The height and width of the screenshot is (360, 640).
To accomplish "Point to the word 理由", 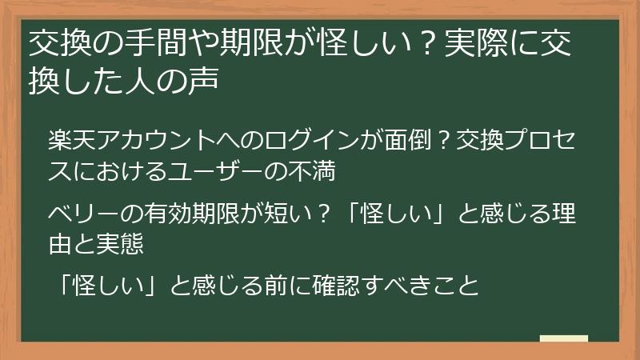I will coord(563,215).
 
